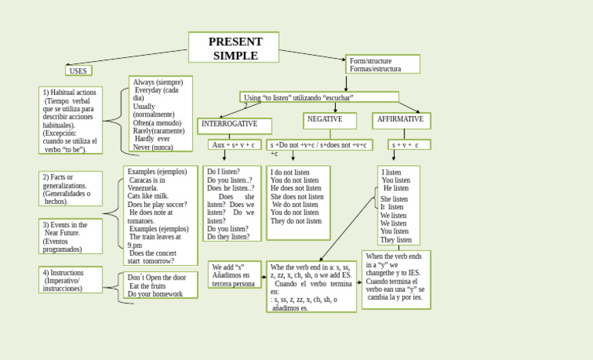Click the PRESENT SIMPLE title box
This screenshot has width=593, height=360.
234,47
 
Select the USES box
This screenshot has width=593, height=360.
79,70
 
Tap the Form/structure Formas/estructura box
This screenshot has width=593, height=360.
383,64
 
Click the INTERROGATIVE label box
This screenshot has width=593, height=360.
234,125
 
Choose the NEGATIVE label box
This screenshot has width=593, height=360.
330,121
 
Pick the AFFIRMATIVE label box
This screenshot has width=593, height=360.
401,121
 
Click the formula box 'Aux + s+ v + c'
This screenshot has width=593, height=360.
233,144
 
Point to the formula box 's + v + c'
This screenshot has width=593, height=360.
408,144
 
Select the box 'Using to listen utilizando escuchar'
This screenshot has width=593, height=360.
319,97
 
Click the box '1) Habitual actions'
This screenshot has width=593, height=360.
70,121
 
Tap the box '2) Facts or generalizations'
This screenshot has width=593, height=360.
70,188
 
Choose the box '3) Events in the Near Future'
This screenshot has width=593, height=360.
70,236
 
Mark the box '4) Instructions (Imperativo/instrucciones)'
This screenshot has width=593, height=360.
70,280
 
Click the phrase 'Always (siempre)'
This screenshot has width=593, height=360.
158,82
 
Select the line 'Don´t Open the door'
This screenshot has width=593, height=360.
157,277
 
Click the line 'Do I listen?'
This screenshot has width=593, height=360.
223,172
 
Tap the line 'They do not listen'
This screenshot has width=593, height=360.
296,221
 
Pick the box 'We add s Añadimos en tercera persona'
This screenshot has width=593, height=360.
235,275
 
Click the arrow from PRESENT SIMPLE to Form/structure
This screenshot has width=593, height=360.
312,55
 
